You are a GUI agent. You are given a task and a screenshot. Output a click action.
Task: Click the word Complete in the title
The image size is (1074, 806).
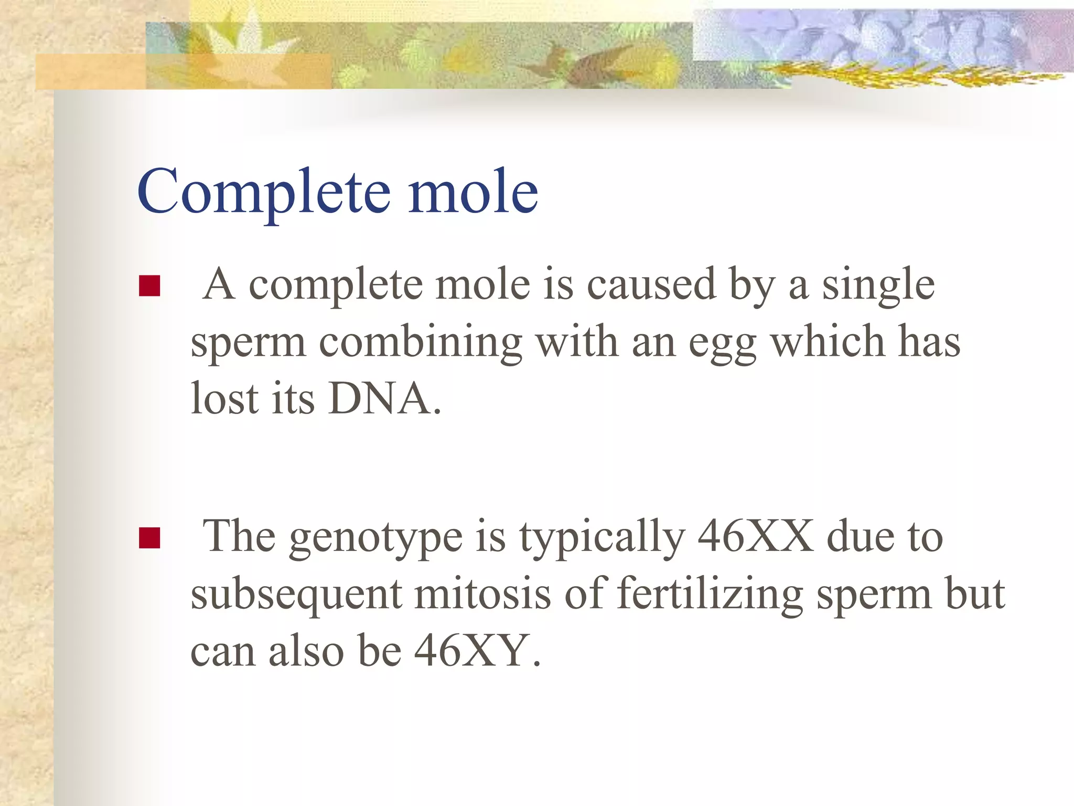[x=264, y=192]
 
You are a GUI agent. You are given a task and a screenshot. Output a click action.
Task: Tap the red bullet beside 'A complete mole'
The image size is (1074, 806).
[x=149, y=286]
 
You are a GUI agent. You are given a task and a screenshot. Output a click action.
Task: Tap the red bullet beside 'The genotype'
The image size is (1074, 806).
[x=149, y=538]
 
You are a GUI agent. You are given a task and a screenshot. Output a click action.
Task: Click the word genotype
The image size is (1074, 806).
[x=375, y=538]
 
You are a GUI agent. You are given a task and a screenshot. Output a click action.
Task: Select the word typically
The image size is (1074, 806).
[x=602, y=538]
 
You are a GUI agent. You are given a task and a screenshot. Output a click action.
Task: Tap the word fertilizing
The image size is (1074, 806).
[x=710, y=596]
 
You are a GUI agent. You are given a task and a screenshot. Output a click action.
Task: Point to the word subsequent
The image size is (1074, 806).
[x=296, y=596]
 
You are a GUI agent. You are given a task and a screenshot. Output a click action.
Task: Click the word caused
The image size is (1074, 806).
[x=651, y=285]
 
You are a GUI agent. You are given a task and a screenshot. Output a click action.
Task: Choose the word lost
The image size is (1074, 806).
[x=224, y=399]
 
